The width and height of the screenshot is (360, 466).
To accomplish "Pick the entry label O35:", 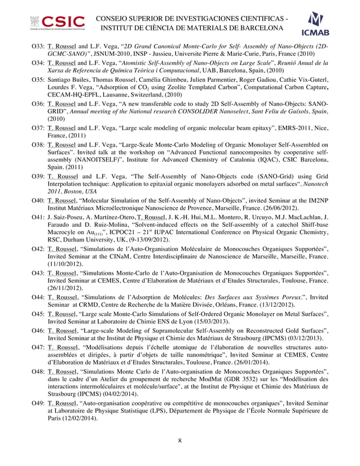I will pos(38,81).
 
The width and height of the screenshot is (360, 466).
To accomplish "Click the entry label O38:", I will pos(38,144).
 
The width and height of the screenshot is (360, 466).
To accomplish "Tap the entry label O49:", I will pos(38,405).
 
